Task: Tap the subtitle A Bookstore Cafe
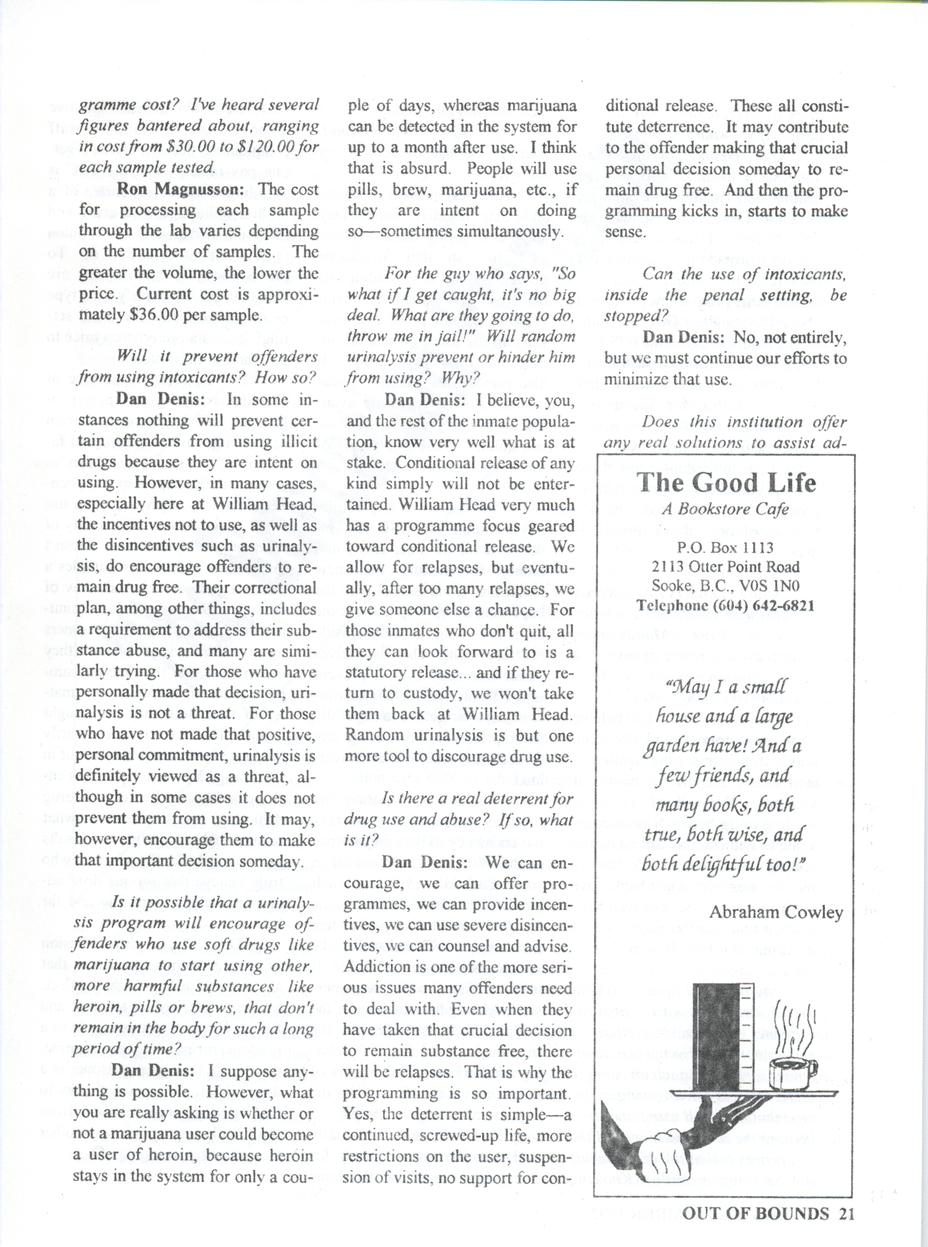pos(725,509)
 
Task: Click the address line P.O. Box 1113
pos(725,547)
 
